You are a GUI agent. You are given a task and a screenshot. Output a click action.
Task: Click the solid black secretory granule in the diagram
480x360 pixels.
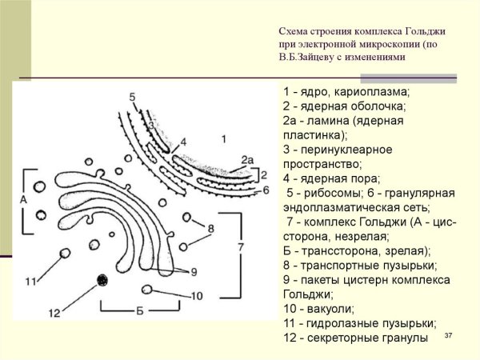coord(102,279)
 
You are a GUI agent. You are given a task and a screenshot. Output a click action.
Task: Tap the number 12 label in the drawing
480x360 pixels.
coord(54,311)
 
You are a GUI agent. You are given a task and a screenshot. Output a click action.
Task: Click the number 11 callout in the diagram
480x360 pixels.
coord(30,281)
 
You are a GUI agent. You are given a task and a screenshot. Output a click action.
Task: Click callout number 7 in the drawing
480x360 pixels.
coord(240,247)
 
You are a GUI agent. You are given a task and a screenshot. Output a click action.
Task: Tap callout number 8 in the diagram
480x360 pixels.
coord(210,229)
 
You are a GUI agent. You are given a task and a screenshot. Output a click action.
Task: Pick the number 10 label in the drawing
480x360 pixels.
coord(197,296)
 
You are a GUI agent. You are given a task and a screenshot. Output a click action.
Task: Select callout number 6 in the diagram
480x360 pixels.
coord(266,190)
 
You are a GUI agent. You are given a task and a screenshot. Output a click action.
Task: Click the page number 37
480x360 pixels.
coord(448,335)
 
